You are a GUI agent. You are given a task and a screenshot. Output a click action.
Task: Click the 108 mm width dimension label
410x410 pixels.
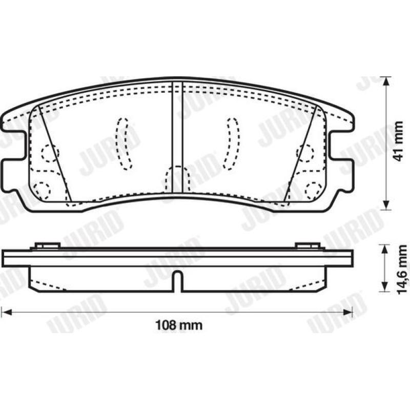click(x=179, y=325)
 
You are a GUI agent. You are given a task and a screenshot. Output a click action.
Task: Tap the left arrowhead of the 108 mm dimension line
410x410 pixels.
click(x=7, y=312)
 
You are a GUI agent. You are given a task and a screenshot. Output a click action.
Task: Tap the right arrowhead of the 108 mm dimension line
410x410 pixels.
click(x=348, y=312)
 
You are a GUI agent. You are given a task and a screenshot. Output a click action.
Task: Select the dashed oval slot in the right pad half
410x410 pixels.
click(x=232, y=143)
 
